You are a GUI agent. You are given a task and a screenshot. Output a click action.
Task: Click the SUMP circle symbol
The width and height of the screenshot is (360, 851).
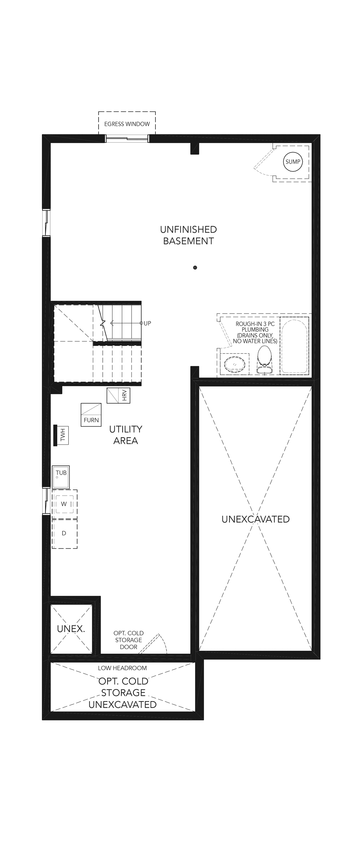(x=293, y=162)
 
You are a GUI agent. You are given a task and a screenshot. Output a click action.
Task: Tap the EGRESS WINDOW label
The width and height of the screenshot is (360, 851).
(x=127, y=124)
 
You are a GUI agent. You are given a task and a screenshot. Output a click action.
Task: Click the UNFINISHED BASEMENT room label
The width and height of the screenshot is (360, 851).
(x=189, y=235)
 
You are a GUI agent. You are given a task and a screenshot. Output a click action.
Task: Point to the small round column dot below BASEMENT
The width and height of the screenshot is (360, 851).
(x=195, y=268)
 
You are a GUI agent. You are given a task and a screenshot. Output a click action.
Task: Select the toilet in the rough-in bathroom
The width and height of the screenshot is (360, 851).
(x=264, y=360)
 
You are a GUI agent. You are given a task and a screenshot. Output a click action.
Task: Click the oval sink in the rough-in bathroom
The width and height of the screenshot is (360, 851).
(x=235, y=364)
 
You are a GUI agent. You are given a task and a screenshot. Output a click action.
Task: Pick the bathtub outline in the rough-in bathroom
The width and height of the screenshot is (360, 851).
(x=294, y=346)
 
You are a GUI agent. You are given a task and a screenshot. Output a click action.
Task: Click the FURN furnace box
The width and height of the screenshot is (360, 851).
(x=91, y=415)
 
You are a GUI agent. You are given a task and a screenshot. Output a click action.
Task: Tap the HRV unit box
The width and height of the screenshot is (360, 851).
(x=118, y=395)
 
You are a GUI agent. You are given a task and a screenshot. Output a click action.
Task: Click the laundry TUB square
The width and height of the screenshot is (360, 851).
(x=61, y=477)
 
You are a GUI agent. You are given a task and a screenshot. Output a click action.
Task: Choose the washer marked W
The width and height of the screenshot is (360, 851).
(x=64, y=504)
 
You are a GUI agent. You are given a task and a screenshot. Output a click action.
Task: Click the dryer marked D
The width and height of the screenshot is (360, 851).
(x=64, y=534)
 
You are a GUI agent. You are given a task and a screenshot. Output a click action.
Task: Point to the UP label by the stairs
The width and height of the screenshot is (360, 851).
(x=147, y=323)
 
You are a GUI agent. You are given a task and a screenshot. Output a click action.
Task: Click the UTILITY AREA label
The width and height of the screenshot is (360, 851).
(x=125, y=435)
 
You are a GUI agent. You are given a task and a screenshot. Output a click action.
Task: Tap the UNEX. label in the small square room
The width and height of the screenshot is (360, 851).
(x=71, y=629)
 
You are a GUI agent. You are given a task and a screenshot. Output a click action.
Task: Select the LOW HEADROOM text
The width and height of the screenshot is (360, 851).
(x=122, y=668)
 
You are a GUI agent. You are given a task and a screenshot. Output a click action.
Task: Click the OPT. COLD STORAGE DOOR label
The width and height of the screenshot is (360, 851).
(x=129, y=640)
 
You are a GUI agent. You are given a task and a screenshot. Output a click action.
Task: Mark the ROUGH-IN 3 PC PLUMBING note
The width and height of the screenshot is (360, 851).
(x=255, y=332)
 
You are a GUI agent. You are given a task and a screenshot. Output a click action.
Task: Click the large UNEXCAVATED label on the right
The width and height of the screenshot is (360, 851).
(x=256, y=519)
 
